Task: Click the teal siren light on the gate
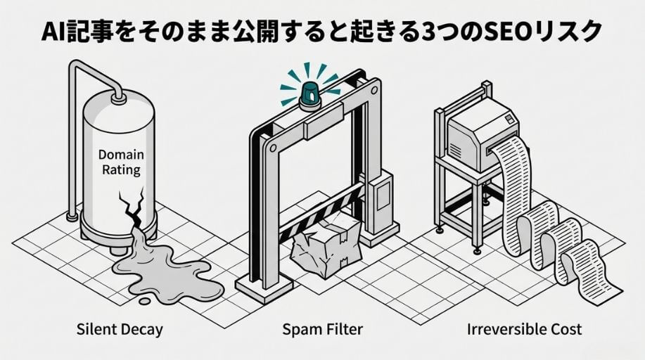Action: (x=308, y=93)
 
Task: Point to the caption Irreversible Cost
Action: (x=525, y=328)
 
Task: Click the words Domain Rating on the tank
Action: (x=119, y=162)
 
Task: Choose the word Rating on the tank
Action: (x=119, y=169)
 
